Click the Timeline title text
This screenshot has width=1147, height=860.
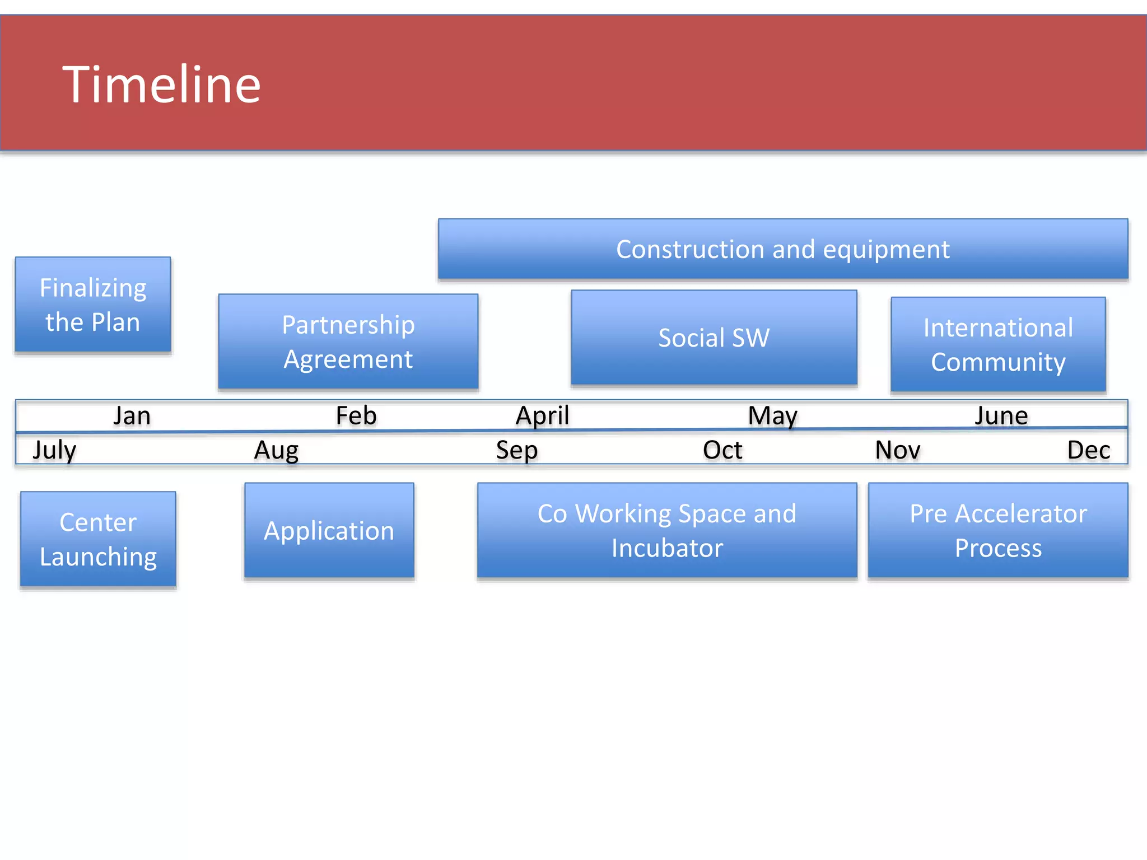click(161, 85)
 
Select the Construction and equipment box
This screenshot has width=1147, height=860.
click(782, 249)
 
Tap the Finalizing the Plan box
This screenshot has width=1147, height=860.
click(93, 305)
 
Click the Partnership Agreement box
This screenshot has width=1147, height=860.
click(348, 342)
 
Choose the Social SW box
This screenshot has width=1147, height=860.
click(714, 338)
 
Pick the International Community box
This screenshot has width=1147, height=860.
click(997, 344)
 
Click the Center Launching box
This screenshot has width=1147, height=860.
click(98, 539)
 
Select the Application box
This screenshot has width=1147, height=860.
click(329, 530)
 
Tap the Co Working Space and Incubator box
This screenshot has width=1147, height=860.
click(666, 530)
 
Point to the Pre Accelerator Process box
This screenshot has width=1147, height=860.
click(997, 530)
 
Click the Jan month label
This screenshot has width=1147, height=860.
click(132, 416)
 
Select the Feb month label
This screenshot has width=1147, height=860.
click(356, 415)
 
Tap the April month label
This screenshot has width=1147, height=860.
click(542, 415)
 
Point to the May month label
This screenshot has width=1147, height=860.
click(772, 416)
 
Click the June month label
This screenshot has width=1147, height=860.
click(1001, 416)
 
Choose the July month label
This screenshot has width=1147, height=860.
click(54, 450)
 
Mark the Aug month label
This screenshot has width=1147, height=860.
click(276, 450)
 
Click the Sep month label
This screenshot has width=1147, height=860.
click(516, 450)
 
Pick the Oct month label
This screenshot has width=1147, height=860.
click(722, 450)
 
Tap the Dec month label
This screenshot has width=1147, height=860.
click(1088, 450)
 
